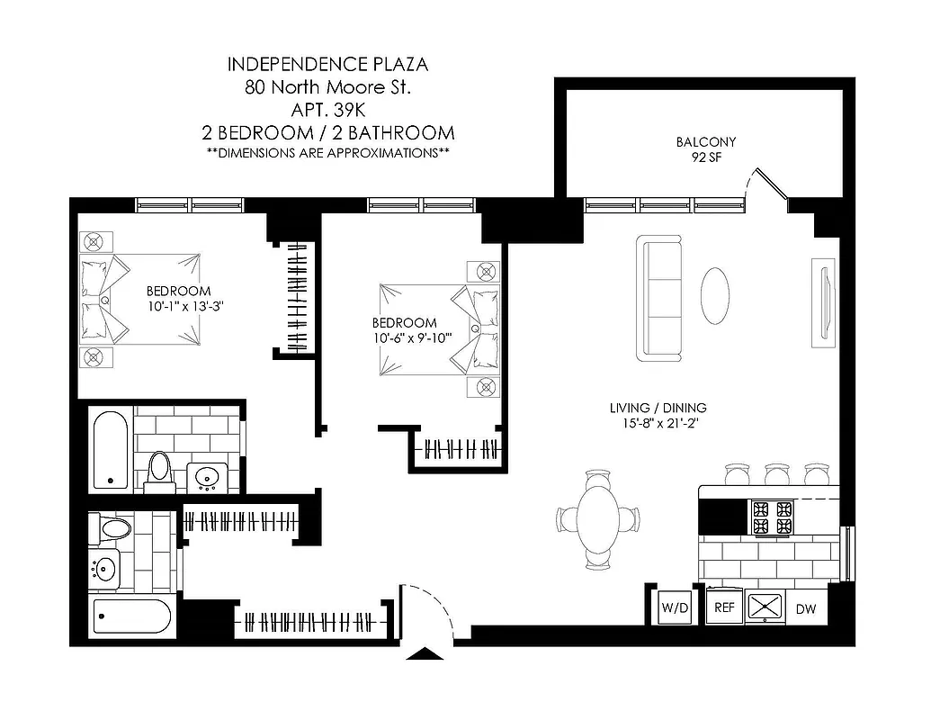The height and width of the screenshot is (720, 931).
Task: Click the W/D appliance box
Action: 675,607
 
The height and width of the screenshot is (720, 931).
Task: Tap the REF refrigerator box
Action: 724,607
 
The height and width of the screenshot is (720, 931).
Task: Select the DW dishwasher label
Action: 807,609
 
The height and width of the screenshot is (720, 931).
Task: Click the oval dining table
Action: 599,518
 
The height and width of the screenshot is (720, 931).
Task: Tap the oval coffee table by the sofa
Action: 717,295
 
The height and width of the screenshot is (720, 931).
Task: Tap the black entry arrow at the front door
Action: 425,653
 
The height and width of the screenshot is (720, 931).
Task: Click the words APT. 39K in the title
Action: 327,110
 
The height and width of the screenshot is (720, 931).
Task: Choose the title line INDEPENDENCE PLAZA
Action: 327,64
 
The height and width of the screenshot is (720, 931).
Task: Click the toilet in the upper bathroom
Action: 160,470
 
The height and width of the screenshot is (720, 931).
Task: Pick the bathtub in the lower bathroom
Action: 131,618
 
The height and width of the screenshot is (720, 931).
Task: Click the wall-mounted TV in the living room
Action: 823,301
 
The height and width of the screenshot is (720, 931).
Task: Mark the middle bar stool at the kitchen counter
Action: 775,473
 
